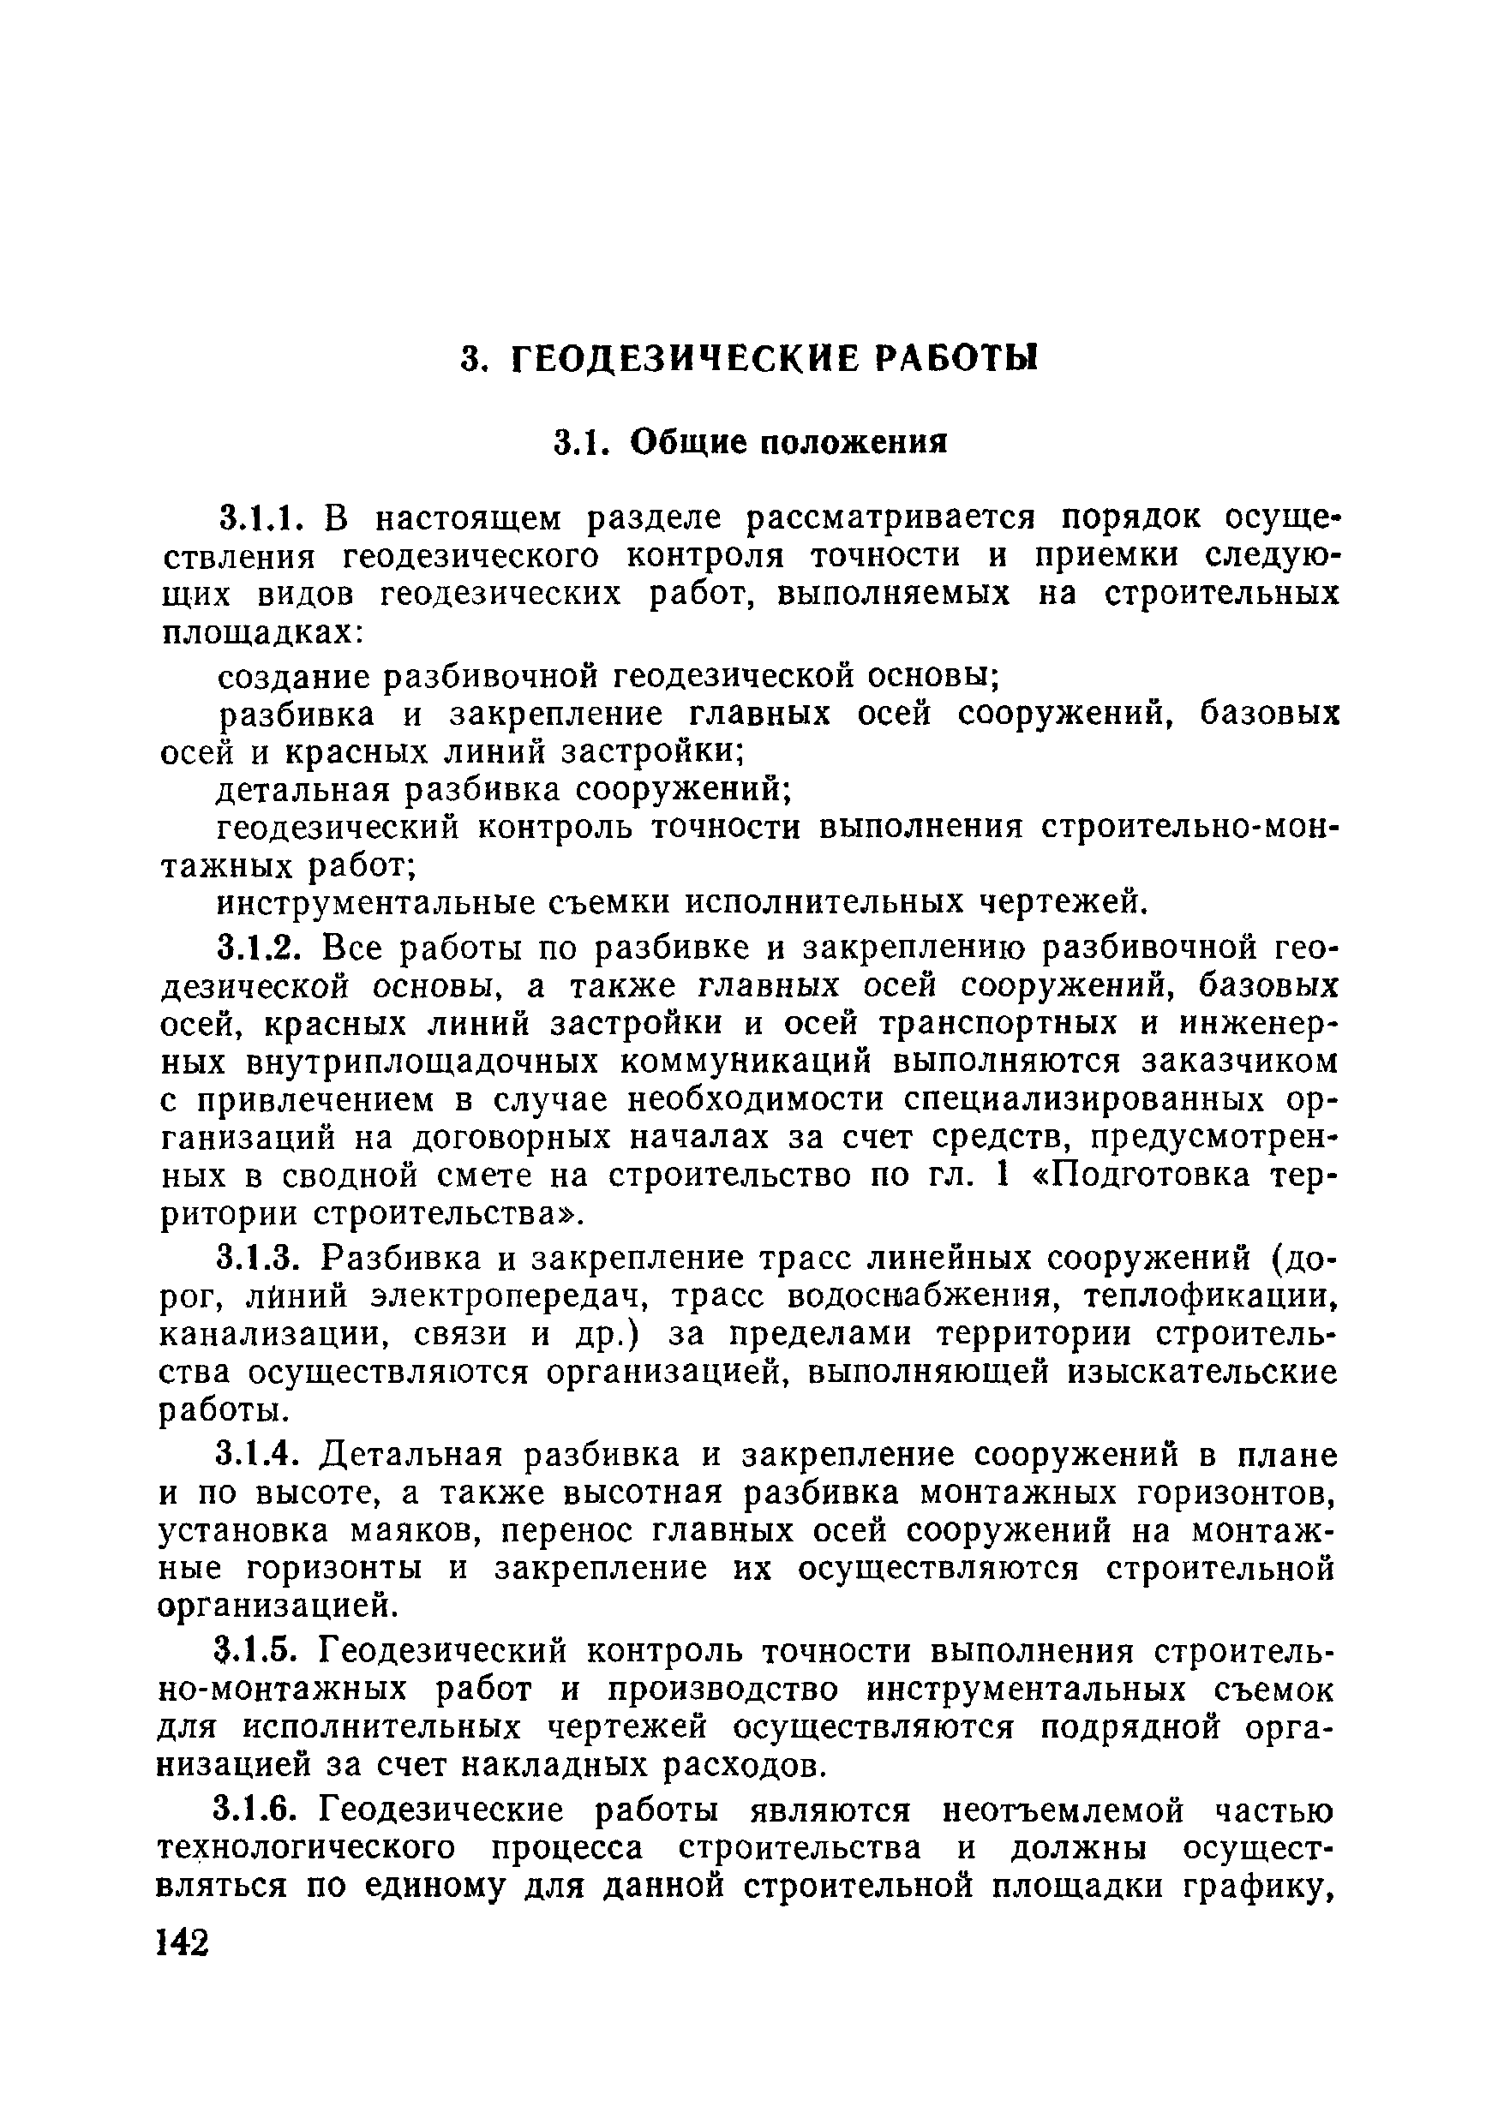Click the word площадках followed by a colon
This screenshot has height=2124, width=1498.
tap(262, 634)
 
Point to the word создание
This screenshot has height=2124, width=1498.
tap(292, 677)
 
